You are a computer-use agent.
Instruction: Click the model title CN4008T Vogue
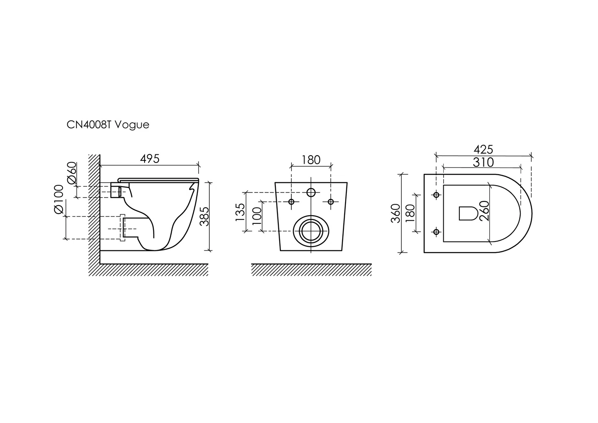point(108,125)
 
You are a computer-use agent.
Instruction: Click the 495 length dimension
point(150,159)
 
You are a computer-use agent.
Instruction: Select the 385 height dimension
point(205,217)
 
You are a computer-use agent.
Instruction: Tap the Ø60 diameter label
point(72,173)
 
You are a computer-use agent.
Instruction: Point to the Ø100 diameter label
point(59,199)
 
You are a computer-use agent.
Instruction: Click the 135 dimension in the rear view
point(240,212)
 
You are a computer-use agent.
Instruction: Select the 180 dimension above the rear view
point(311,160)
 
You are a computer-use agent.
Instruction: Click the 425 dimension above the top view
point(483,150)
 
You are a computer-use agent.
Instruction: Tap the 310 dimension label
point(483,162)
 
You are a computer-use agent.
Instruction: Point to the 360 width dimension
point(396,213)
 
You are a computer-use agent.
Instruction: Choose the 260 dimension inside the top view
point(484,211)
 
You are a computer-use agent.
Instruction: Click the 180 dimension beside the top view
point(410,213)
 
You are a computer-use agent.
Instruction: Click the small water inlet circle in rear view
point(311,192)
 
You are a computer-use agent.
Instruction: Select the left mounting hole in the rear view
point(291,202)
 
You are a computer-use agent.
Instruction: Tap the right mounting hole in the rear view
point(331,202)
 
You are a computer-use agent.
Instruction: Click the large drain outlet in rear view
point(311,231)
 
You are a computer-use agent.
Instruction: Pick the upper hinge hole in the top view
point(436,195)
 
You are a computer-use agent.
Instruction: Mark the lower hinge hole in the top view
point(436,232)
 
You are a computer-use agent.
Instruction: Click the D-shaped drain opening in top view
point(468,213)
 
